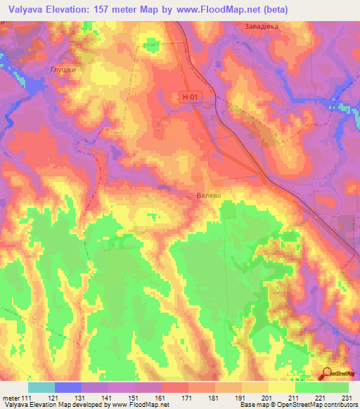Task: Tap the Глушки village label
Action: [x=63, y=70]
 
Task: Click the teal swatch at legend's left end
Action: [x=41, y=387]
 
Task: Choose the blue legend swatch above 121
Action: [x=67, y=387]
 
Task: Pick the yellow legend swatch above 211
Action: [x=281, y=387]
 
